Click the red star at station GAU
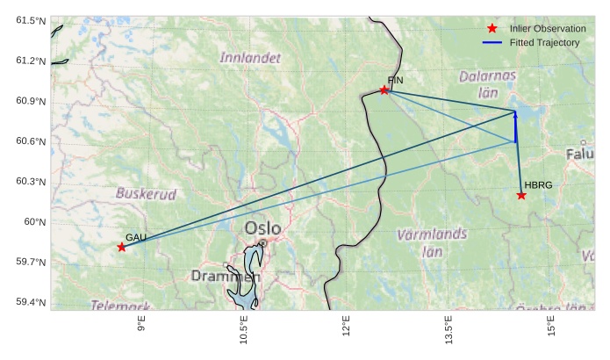[121, 247]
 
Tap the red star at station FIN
[384, 90]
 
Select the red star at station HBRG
[521, 195]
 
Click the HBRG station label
[538, 185]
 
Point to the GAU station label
[136, 237]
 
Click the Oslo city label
[263, 228]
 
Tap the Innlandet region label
[250, 58]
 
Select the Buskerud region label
[146, 193]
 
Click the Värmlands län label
[432, 242]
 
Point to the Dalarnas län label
[487, 83]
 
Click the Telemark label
[119, 306]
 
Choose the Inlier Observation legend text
[548, 29]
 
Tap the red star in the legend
[492, 29]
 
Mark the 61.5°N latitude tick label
[25, 20]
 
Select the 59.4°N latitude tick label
[25, 302]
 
